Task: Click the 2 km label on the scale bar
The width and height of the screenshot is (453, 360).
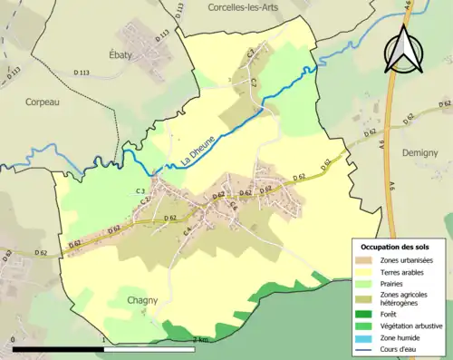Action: click(201, 339)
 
